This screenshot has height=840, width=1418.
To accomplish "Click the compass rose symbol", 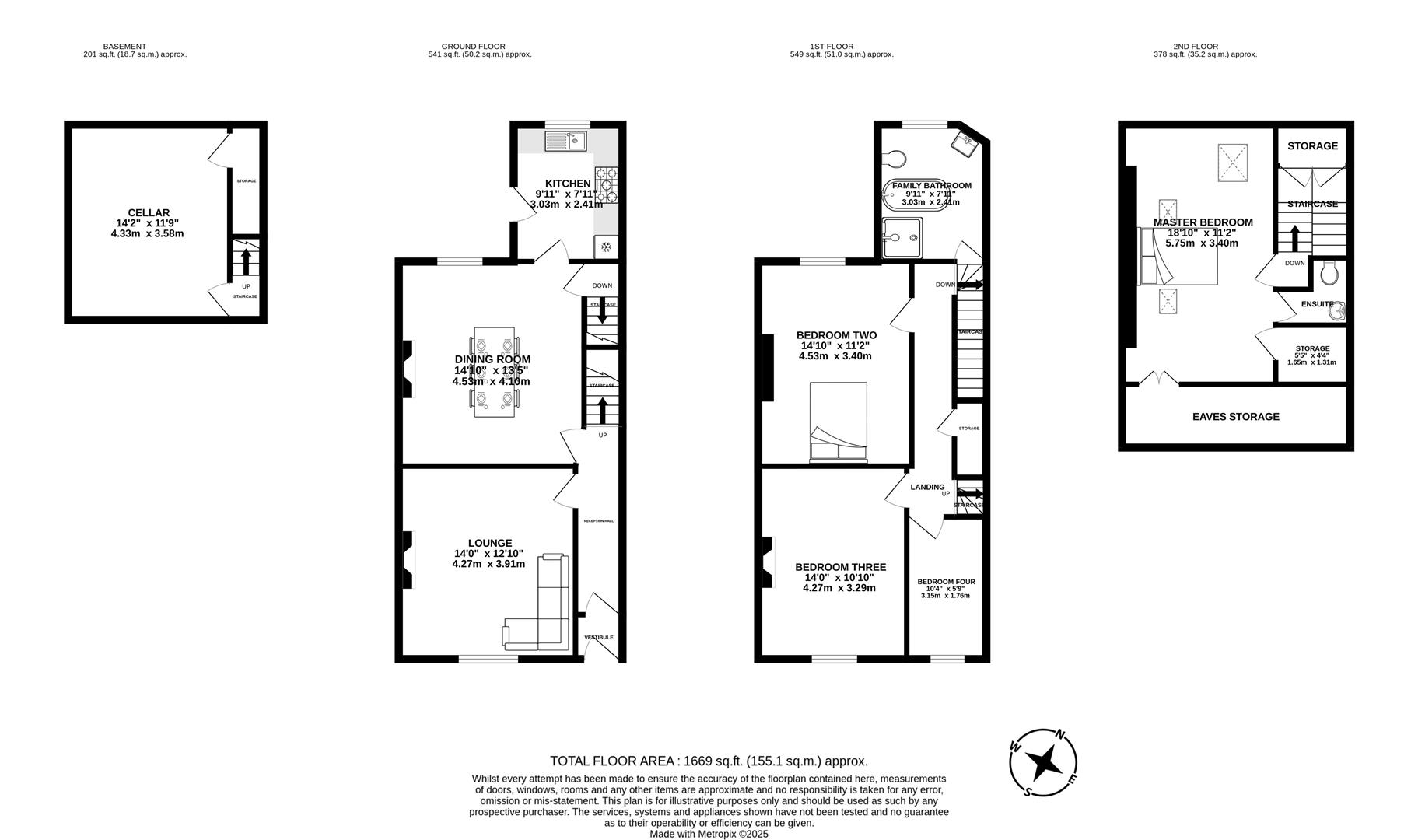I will pyautogui.click(x=1043, y=762).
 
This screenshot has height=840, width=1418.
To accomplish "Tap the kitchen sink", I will pyautogui.click(x=565, y=142).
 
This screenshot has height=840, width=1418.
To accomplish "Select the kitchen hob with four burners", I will pyautogui.click(x=606, y=185).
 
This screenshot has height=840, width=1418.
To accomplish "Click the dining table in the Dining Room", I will pyautogui.click(x=494, y=372).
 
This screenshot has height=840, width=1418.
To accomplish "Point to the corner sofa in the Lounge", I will pyautogui.click(x=544, y=614).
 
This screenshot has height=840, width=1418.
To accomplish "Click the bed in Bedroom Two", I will pyautogui.click(x=838, y=421).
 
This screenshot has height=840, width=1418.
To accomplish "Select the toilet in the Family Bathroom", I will pyautogui.click(x=895, y=159).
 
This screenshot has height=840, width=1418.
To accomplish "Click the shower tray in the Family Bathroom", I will pyautogui.click(x=902, y=236).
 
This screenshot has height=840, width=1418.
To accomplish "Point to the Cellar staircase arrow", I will pyautogui.click(x=246, y=262).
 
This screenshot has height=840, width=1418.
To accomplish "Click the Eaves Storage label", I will pyautogui.click(x=1235, y=417).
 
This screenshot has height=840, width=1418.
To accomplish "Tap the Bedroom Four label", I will pyautogui.click(x=945, y=582).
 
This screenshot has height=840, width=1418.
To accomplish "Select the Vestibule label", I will pyautogui.click(x=599, y=637).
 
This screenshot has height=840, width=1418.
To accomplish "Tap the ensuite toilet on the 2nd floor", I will pyautogui.click(x=1329, y=273).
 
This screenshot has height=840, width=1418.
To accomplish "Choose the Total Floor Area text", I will pyautogui.click(x=708, y=761).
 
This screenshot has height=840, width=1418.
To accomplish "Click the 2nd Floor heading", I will pyautogui.click(x=1196, y=47).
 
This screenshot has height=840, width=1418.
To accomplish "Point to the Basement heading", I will pyautogui.click(x=124, y=47).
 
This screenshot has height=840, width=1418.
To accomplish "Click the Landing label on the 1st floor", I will pyautogui.click(x=926, y=487).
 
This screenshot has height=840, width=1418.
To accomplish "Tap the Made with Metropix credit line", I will pyautogui.click(x=708, y=834).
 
